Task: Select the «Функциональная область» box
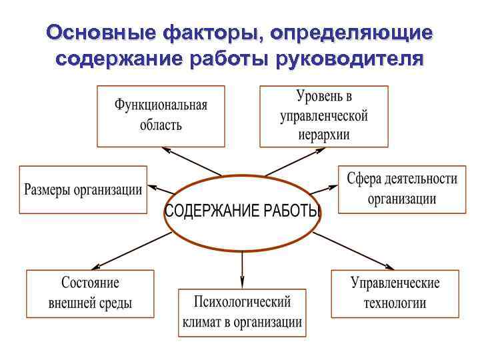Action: click(x=161, y=116)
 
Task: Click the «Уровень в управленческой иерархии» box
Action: click(x=324, y=116)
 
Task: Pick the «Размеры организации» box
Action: click(x=83, y=189)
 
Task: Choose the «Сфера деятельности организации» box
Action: click(x=401, y=189)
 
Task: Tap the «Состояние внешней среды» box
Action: click(x=90, y=293)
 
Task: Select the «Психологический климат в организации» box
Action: click(x=242, y=313)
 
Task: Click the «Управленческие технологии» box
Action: click(x=395, y=293)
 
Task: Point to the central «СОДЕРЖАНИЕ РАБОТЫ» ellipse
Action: click(x=242, y=212)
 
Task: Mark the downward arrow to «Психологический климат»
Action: click(x=242, y=267)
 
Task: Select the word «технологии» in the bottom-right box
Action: click(x=395, y=303)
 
